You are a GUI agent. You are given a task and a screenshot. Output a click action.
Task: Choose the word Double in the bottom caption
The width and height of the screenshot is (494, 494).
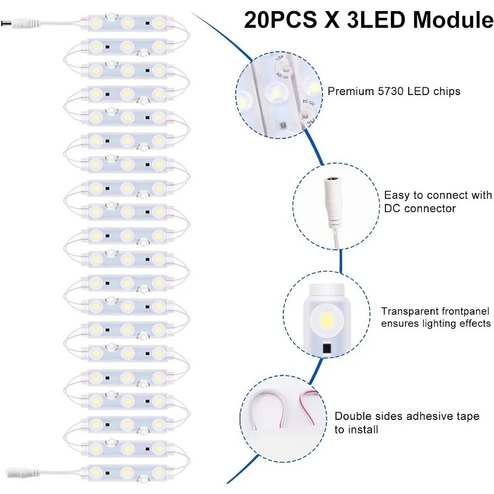(x=352, y=417)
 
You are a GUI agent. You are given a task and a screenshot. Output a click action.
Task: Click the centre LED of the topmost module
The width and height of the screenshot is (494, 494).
(x=127, y=23)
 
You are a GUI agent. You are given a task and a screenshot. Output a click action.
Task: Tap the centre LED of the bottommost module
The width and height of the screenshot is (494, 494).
(x=127, y=472)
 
